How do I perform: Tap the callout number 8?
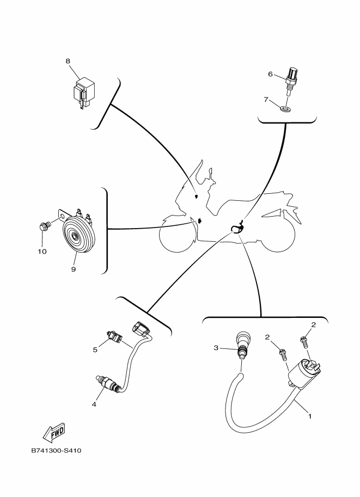pos(68,62)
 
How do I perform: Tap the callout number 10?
pos(42,251)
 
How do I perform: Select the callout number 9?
pos(73,268)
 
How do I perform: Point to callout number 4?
pos(94,404)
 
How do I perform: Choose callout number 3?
pos(216,347)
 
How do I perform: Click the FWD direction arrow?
pos(53,433)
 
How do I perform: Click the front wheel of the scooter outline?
pos(177,237)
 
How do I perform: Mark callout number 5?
pos(95,349)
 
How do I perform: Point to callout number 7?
pos(266,100)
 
